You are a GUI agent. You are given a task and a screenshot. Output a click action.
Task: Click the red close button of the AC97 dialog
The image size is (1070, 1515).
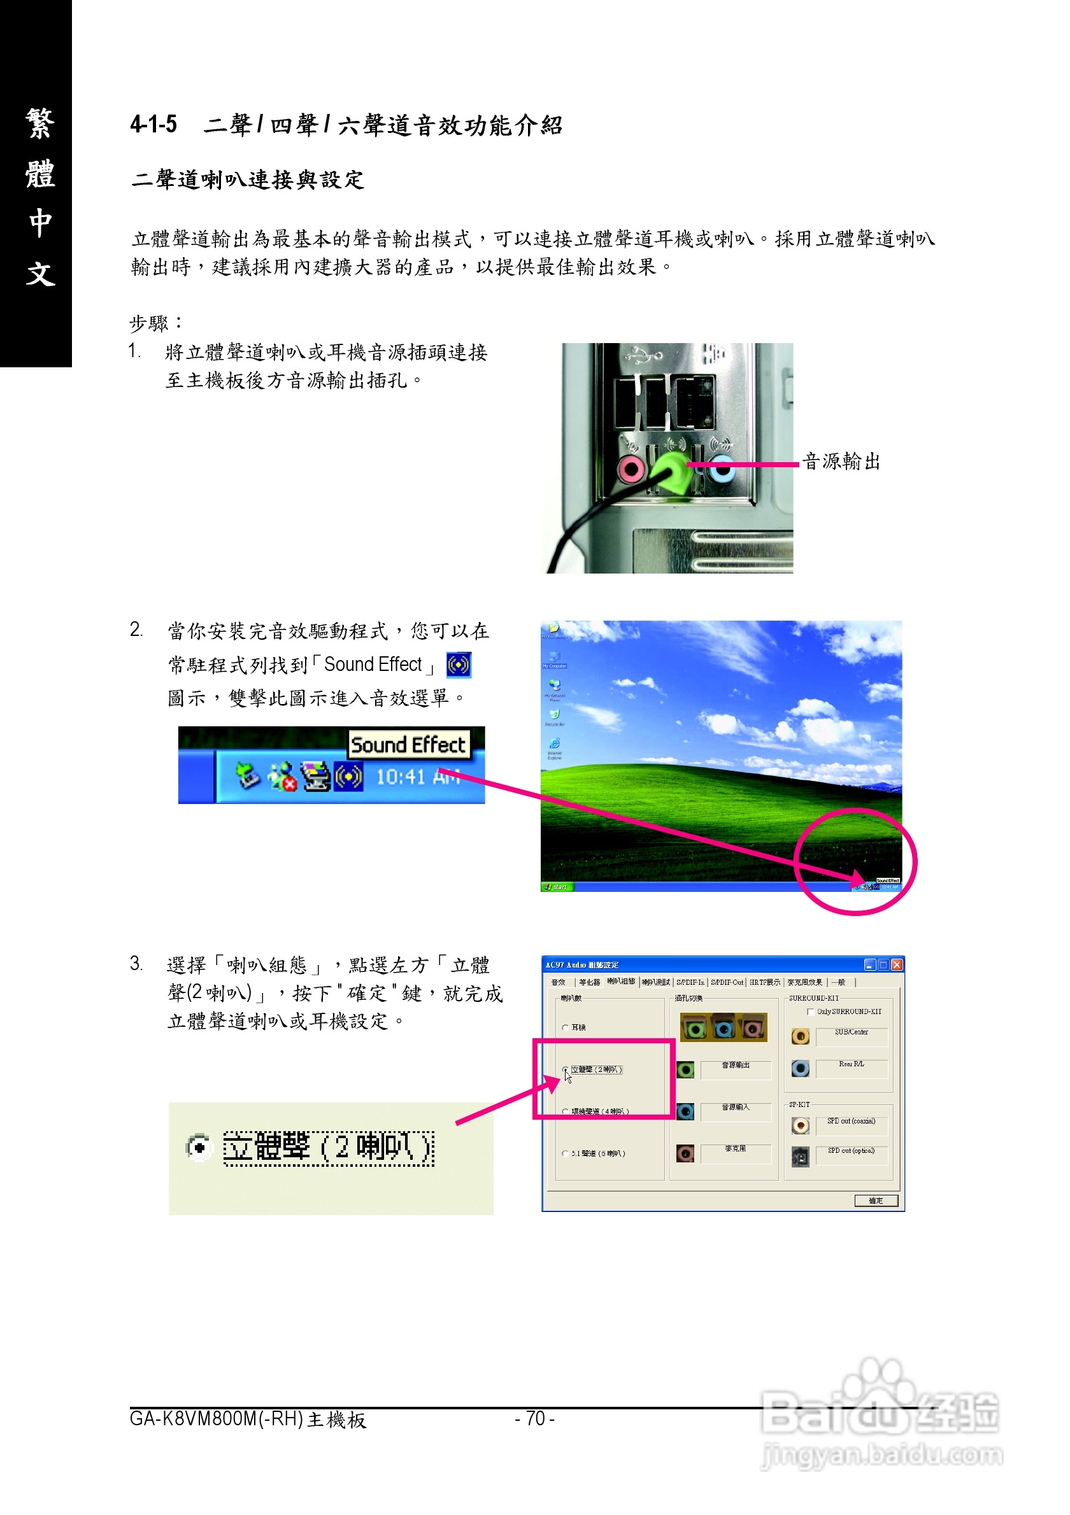click(896, 964)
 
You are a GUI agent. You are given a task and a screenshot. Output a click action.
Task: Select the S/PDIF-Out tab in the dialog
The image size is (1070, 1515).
click(727, 982)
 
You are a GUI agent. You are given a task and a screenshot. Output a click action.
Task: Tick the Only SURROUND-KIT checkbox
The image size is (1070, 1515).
click(811, 1011)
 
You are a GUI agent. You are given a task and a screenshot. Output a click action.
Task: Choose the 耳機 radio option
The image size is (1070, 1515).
click(566, 1027)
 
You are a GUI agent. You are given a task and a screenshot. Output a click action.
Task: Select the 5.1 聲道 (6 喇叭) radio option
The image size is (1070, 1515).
click(566, 1153)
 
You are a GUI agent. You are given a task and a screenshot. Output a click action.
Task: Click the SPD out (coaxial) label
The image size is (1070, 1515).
click(851, 1121)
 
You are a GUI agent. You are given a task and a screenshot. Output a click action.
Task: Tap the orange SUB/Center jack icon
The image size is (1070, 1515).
click(800, 1036)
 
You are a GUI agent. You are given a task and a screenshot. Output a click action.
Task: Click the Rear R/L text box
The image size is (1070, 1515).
click(851, 1068)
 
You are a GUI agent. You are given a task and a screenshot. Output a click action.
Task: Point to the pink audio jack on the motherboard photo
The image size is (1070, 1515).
click(631, 469)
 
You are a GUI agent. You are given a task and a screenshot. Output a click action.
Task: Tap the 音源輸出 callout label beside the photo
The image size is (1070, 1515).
click(841, 462)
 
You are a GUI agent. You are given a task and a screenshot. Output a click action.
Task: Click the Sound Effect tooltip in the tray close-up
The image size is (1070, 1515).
click(408, 745)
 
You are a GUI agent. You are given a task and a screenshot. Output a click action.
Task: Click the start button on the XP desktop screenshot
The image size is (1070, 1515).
click(557, 887)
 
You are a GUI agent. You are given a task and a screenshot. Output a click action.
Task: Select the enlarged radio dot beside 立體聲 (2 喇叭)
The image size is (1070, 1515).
click(199, 1148)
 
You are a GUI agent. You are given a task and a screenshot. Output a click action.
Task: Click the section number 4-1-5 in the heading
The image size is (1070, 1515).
click(153, 124)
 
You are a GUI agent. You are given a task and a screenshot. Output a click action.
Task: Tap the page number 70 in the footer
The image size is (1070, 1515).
click(534, 1419)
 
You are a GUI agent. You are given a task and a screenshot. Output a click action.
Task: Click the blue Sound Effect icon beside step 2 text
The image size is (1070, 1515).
click(459, 665)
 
